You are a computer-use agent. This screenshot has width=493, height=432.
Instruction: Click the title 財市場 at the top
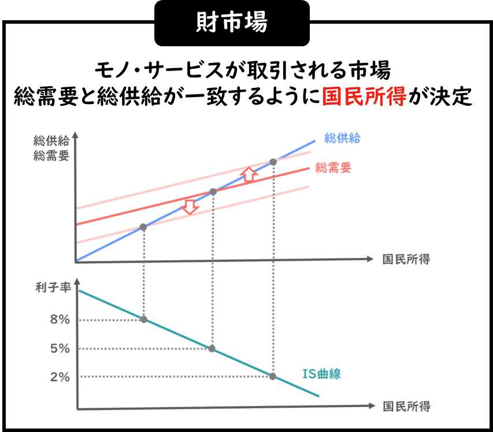pyautogui.click(x=232, y=23)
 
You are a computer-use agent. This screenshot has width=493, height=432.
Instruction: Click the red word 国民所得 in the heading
pyautogui.click(x=364, y=95)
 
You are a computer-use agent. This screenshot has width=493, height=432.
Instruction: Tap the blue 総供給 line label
pyautogui.click(x=342, y=138)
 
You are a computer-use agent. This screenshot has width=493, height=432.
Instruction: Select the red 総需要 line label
pyautogui.click(x=333, y=168)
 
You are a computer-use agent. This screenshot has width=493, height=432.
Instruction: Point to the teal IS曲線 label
pyautogui.click(x=322, y=374)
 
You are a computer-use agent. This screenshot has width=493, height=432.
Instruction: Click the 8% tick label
pyautogui.click(x=60, y=320)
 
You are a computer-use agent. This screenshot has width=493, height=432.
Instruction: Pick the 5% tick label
pyautogui.click(x=60, y=349)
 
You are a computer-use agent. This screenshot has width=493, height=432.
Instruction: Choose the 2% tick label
pyautogui.click(x=60, y=377)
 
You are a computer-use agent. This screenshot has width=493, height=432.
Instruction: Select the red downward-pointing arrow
pyautogui.click(x=189, y=206)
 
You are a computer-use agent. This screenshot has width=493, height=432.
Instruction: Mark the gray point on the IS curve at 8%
pyautogui.click(x=144, y=319)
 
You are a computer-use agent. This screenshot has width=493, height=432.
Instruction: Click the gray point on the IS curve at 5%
pyautogui.click(x=212, y=349)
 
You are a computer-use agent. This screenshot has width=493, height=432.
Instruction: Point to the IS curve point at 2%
pyautogui.click(x=273, y=376)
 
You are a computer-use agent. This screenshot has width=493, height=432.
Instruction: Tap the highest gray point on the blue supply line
pyautogui.click(x=273, y=162)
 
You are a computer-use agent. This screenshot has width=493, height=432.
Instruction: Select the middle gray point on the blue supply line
pyautogui.click(x=213, y=191)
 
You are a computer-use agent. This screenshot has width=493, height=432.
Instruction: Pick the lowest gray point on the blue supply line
pyautogui.click(x=143, y=227)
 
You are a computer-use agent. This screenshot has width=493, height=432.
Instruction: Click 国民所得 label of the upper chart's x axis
pyautogui.click(x=406, y=259)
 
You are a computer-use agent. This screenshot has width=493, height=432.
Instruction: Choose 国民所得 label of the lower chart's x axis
pyautogui.click(x=407, y=406)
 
